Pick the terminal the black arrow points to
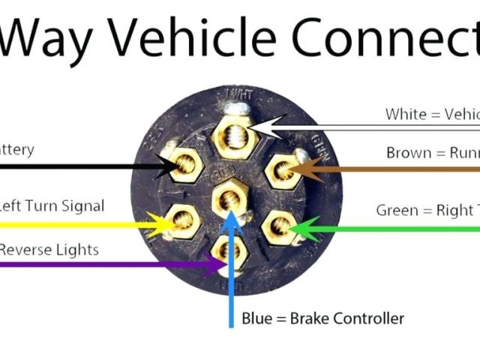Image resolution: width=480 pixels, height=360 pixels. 183,167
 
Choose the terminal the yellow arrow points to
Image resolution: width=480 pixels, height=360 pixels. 183,220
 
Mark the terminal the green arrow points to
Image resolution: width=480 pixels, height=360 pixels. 279,226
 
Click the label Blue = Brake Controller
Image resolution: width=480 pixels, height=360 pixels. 322,318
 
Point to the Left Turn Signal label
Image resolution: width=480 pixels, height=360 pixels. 51,205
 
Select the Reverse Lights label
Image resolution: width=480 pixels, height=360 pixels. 49,250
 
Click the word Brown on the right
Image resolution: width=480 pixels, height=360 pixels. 409,153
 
